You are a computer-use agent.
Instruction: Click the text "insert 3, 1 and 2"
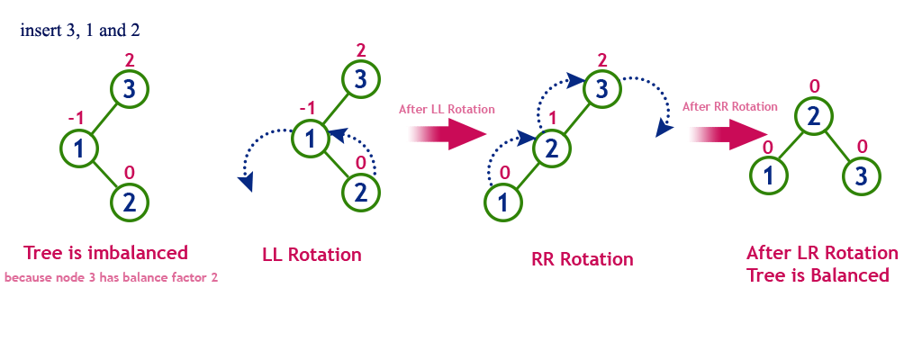click(x=80, y=31)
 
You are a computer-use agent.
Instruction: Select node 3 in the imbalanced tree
click(x=130, y=89)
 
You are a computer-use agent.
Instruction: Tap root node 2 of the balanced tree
click(x=813, y=117)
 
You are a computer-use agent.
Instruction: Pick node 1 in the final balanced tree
click(x=769, y=175)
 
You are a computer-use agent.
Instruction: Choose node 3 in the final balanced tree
click(x=862, y=175)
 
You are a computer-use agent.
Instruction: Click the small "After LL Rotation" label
click(x=447, y=110)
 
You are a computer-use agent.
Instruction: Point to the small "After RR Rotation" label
click(x=730, y=106)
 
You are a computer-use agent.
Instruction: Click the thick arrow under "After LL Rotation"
click(x=448, y=134)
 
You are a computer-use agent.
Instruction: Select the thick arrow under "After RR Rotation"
click(x=729, y=133)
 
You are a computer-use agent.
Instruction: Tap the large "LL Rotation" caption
click(x=312, y=255)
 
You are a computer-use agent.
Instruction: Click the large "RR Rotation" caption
click(x=583, y=259)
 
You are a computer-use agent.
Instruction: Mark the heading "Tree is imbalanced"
click(x=106, y=253)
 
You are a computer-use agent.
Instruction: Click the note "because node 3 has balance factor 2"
click(x=111, y=277)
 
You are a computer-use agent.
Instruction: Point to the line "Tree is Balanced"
click(x=818, y=274)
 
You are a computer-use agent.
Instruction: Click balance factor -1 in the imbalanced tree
click(x=76, y=119)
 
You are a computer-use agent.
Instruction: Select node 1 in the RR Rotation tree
click(x=503, y=202)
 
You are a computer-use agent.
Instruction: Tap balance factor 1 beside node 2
click(x=552, y=119)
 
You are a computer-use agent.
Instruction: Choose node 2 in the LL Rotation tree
click(x=361, y=193)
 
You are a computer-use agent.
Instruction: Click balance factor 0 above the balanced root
click(x=814, y=86)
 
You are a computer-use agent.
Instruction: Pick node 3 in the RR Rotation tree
click(x=601, y=89)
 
